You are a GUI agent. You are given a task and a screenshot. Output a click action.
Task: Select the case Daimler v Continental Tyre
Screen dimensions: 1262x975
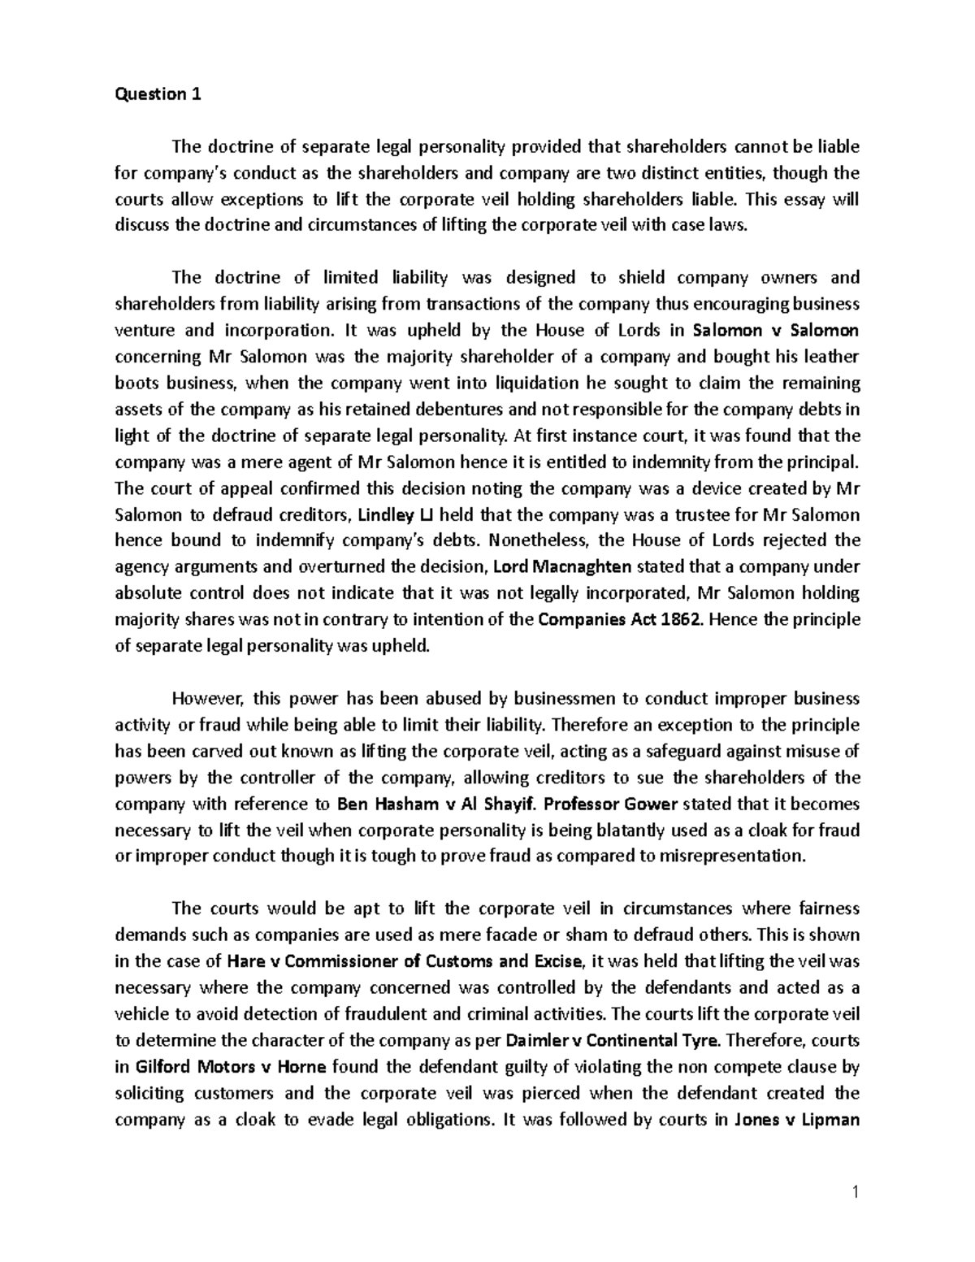pyautogui.click(x=605, y=1040)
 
